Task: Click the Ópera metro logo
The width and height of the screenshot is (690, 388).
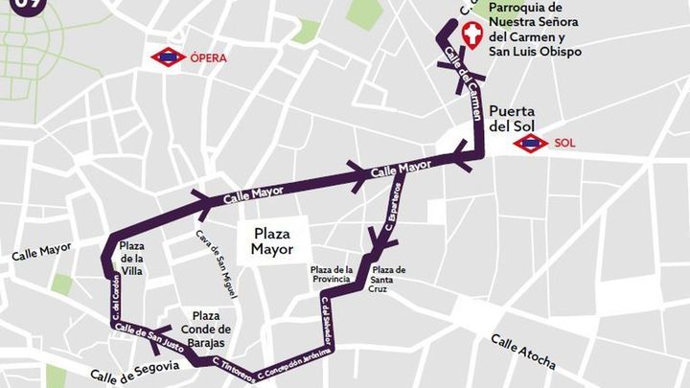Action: [x=169, y=57]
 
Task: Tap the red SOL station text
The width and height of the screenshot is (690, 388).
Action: [x=565, y=144]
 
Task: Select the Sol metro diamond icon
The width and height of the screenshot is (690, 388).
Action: [x=530, y=144]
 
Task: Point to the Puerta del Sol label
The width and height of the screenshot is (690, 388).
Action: [x=517, y=118]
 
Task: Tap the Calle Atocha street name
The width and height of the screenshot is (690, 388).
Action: [x=523, y=352]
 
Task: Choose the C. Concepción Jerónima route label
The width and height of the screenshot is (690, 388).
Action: [x=298, y=359]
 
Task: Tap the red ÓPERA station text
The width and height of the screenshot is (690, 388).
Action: [x=209, y=58]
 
